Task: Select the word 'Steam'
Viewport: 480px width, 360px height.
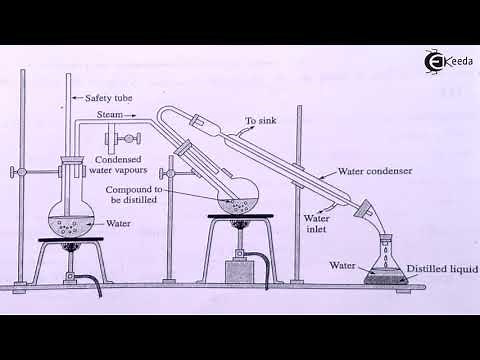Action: coord(108,115)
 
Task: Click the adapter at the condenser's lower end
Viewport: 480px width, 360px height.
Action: coord(367,212)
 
